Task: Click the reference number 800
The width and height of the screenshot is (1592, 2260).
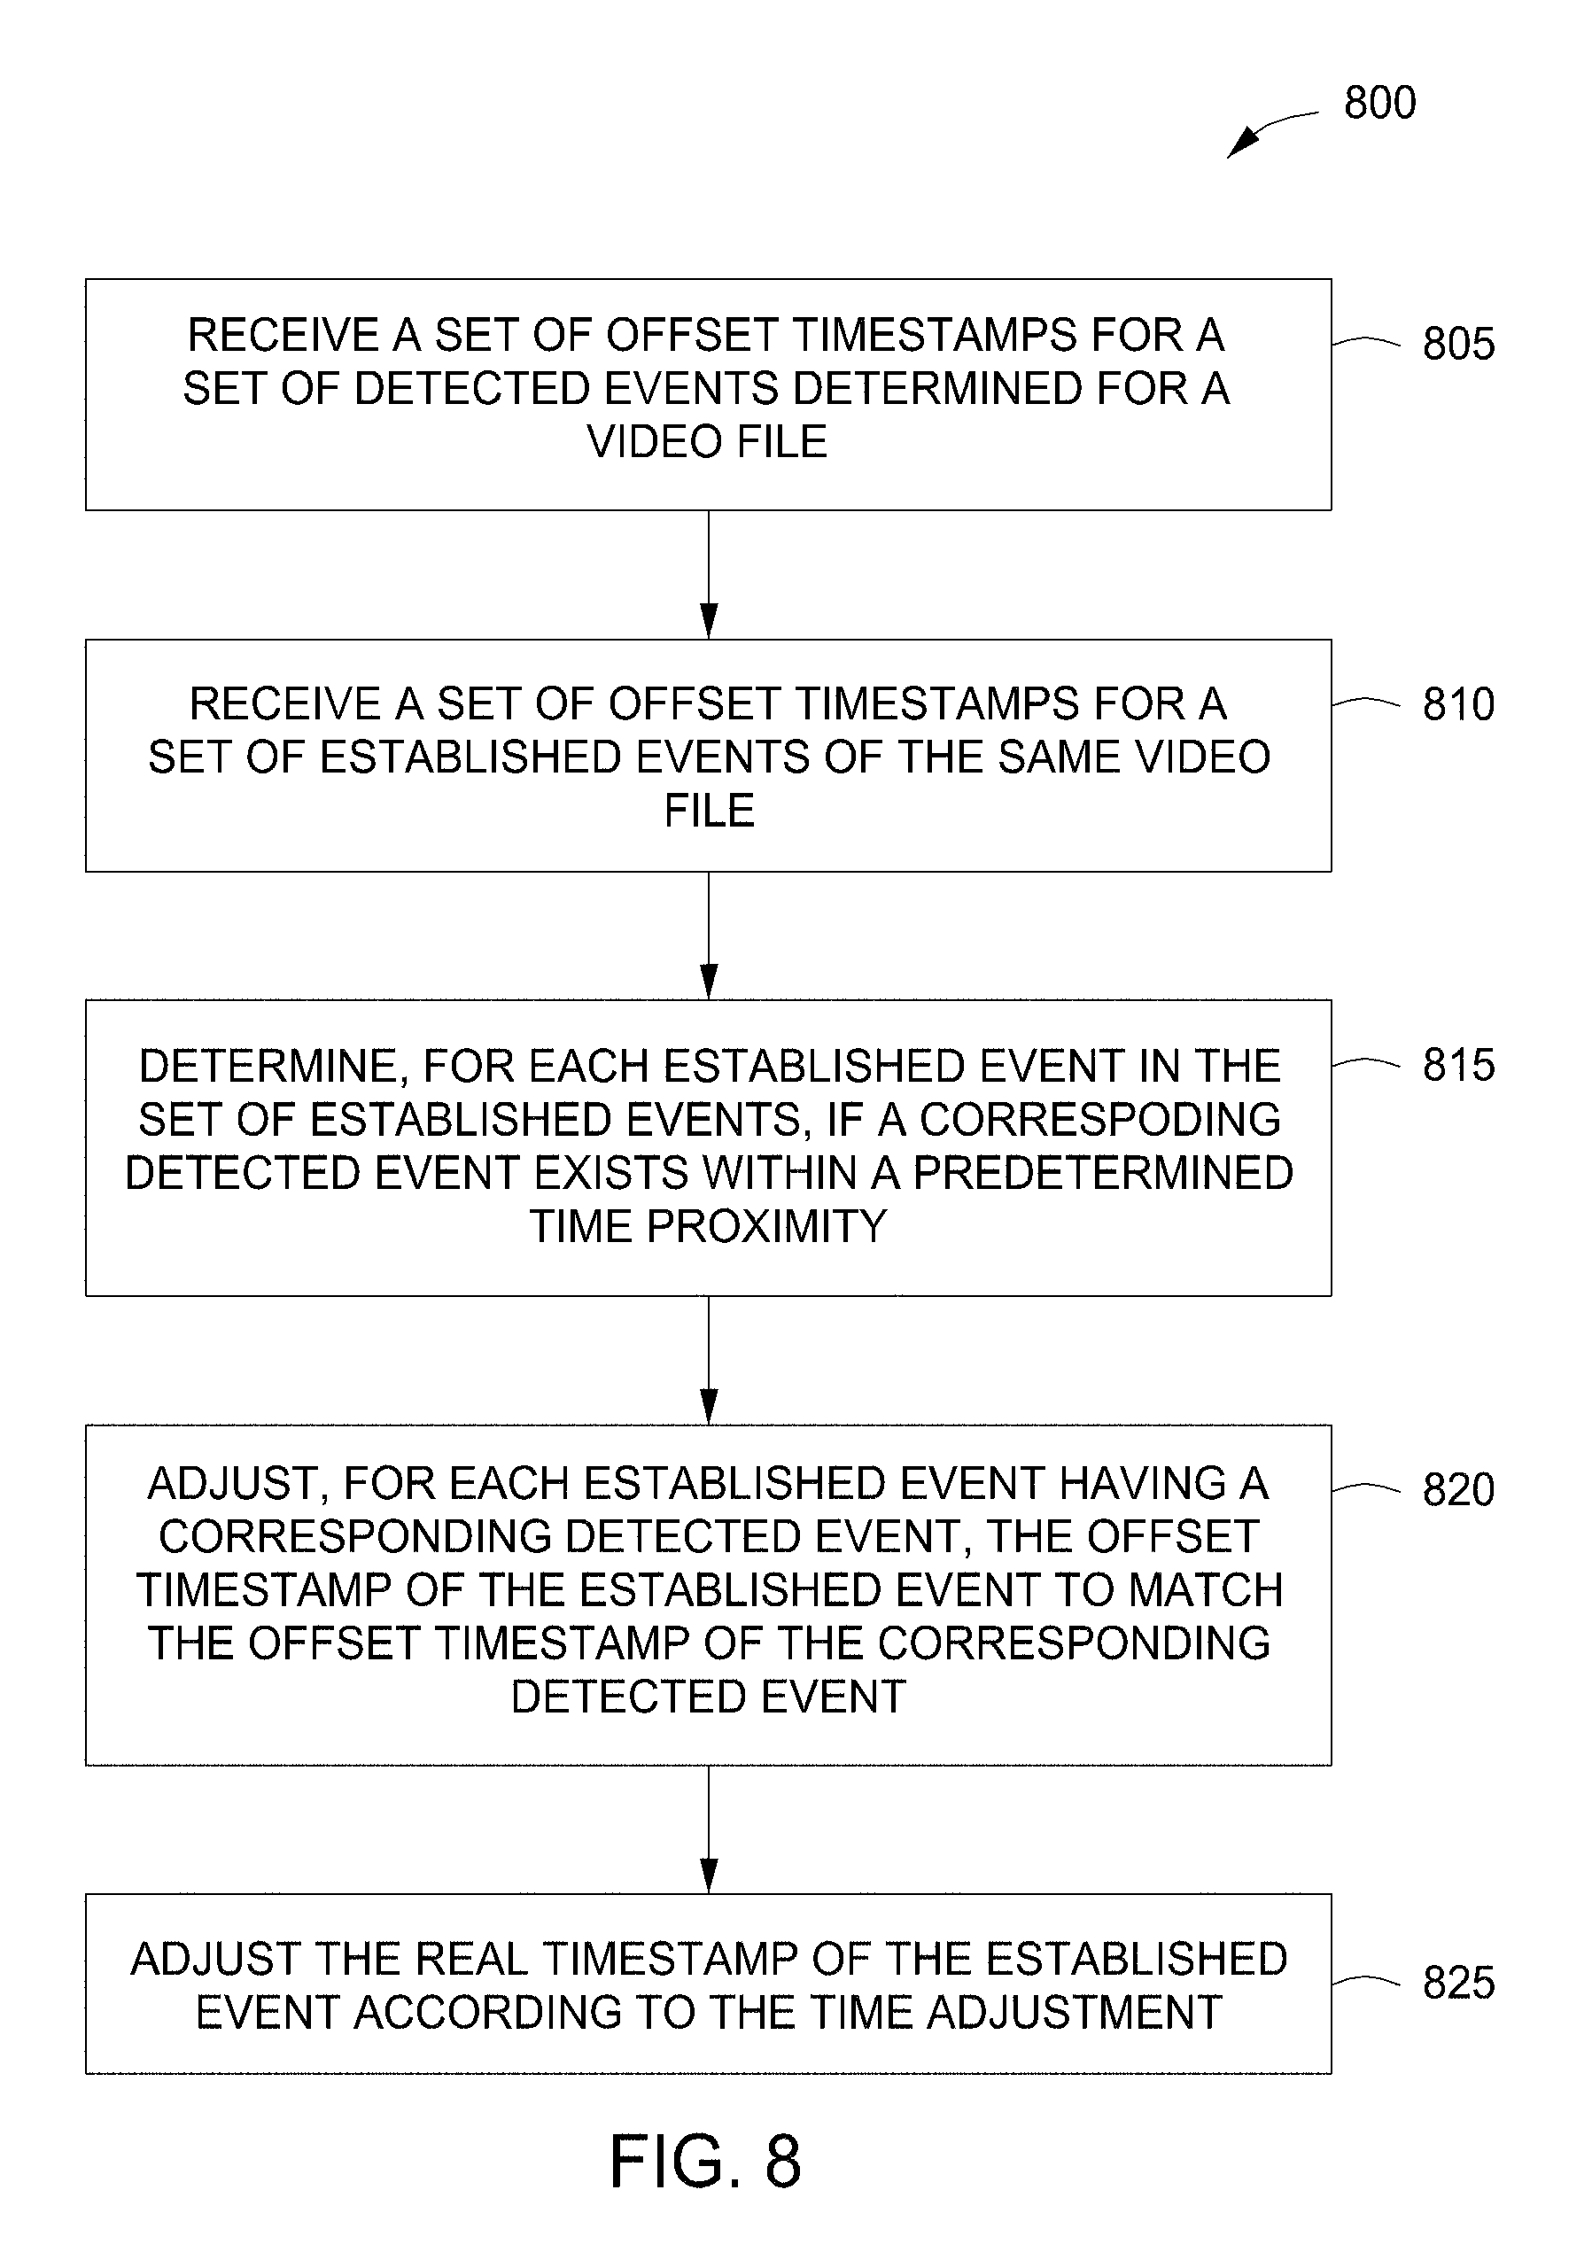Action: click(1379, 103)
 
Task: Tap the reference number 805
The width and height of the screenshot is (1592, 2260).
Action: click(1458, 344)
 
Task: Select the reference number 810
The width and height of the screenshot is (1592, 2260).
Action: click(1458, 703)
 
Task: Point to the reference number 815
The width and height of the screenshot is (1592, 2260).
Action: click(1458, 1064)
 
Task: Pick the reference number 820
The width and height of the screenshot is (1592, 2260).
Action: click(1458, 1489)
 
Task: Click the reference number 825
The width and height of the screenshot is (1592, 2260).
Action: click(1458, 1983)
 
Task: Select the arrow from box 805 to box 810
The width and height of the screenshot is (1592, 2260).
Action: click(708, 575)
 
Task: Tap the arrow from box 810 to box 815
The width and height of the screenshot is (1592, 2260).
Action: click(708, 936)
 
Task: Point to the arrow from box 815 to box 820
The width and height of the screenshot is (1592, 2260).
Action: click(708, 1360)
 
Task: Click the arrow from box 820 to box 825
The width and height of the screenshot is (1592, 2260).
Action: click(708, 1829)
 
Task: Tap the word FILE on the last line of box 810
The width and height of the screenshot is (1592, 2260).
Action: click(709, 810)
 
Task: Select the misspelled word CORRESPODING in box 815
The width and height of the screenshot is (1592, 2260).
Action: click(1099, 1119)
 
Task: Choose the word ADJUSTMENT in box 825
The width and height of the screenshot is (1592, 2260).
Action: click(1074, 2012)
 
